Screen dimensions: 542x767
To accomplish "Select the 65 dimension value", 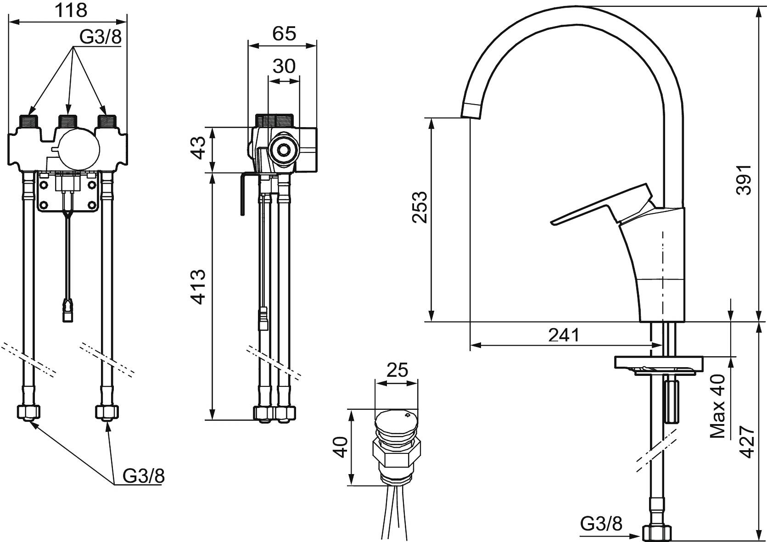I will [x=284, y=34].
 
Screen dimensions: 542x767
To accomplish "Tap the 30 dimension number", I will [x=284, y=67].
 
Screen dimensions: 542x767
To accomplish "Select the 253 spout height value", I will [x=420, y=207].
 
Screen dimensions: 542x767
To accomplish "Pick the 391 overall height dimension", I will [x=744, y=180].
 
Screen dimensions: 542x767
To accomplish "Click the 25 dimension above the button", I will [x=397, y=370].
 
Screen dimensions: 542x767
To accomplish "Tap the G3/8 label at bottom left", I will [x=143, y=476].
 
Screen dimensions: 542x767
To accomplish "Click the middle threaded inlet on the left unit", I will [x=67, y=122].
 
